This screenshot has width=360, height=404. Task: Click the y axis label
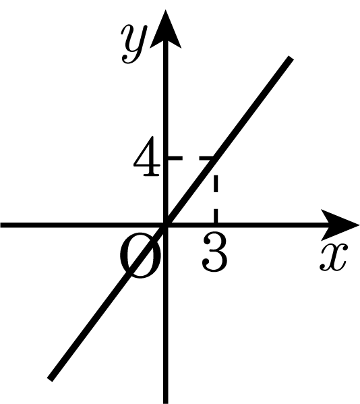134,44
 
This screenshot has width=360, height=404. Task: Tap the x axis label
334,257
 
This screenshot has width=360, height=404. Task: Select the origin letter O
140,255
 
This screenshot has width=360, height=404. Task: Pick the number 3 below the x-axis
215,251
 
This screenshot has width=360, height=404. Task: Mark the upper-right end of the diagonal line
291,58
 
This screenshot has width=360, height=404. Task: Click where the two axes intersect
166,225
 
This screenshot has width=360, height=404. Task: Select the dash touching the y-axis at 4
175,158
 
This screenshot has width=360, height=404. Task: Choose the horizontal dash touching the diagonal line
206,158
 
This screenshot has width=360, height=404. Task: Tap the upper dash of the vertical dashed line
216,183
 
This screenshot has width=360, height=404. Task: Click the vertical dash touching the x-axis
216,215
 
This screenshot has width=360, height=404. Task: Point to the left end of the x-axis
1,225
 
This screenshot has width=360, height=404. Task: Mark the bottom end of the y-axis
166,403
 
